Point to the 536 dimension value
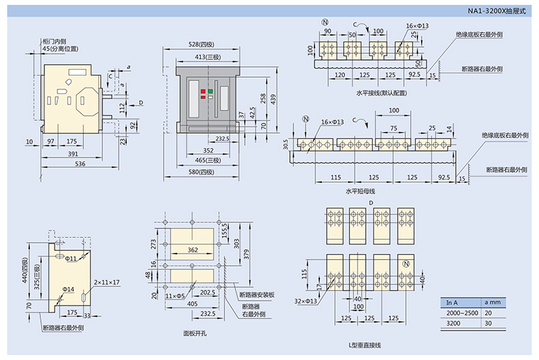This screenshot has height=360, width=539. [x=79, y=164]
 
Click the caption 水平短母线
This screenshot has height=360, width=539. [x=360, y=192]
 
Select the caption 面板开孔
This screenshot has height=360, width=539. [x=194, y=333]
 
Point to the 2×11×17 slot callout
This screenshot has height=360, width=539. [x=106, y=282]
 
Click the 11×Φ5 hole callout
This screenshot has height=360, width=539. [x=175, y=297]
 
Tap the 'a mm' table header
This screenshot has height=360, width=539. [x=493, y=301]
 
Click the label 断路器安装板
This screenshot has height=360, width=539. [x=257, y=295]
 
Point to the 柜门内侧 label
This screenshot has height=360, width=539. [x=54, y=41]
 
